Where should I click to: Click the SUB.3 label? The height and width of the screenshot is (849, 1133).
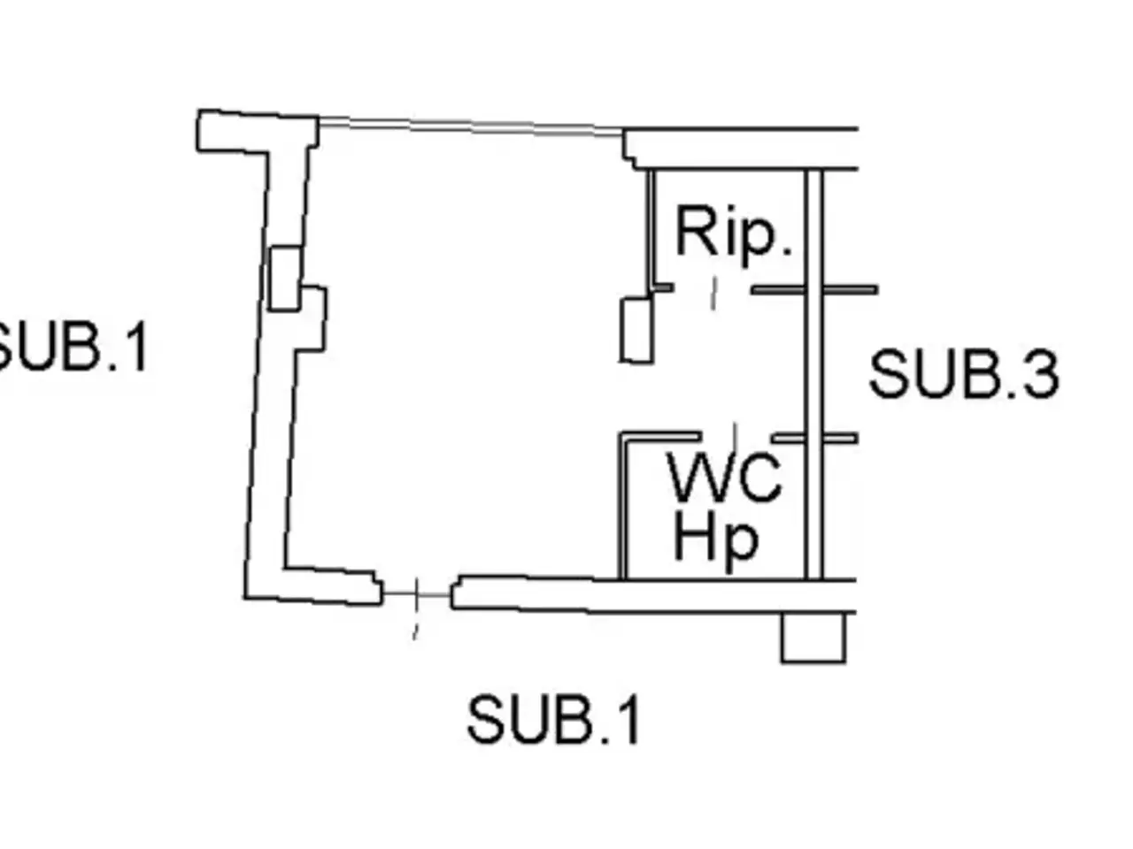point(963,374)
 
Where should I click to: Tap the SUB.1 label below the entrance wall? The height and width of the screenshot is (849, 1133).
point(553,719)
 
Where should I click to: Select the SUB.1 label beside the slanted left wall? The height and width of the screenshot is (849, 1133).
point(73,346)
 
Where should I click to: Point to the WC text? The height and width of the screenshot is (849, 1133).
point(725,477)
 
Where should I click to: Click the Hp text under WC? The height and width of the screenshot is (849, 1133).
point(716,542)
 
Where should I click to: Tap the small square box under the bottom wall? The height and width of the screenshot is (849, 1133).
point(813,637)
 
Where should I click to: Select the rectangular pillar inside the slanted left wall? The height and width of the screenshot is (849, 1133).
point(285,279)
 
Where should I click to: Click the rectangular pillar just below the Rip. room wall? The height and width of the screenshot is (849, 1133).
point(637,330)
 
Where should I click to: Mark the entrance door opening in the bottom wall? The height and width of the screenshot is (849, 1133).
point(417,594)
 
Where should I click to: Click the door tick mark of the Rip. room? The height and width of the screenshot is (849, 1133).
point(714,294)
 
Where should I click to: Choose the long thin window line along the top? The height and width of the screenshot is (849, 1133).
point(471,126)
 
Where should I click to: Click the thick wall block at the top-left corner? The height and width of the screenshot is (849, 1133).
point(257,132)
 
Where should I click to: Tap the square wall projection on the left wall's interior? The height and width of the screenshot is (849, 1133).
point(313,318)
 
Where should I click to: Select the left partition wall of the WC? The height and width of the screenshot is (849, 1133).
point(623,506)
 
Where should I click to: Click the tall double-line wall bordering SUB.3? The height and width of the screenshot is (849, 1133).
point(814,375)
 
